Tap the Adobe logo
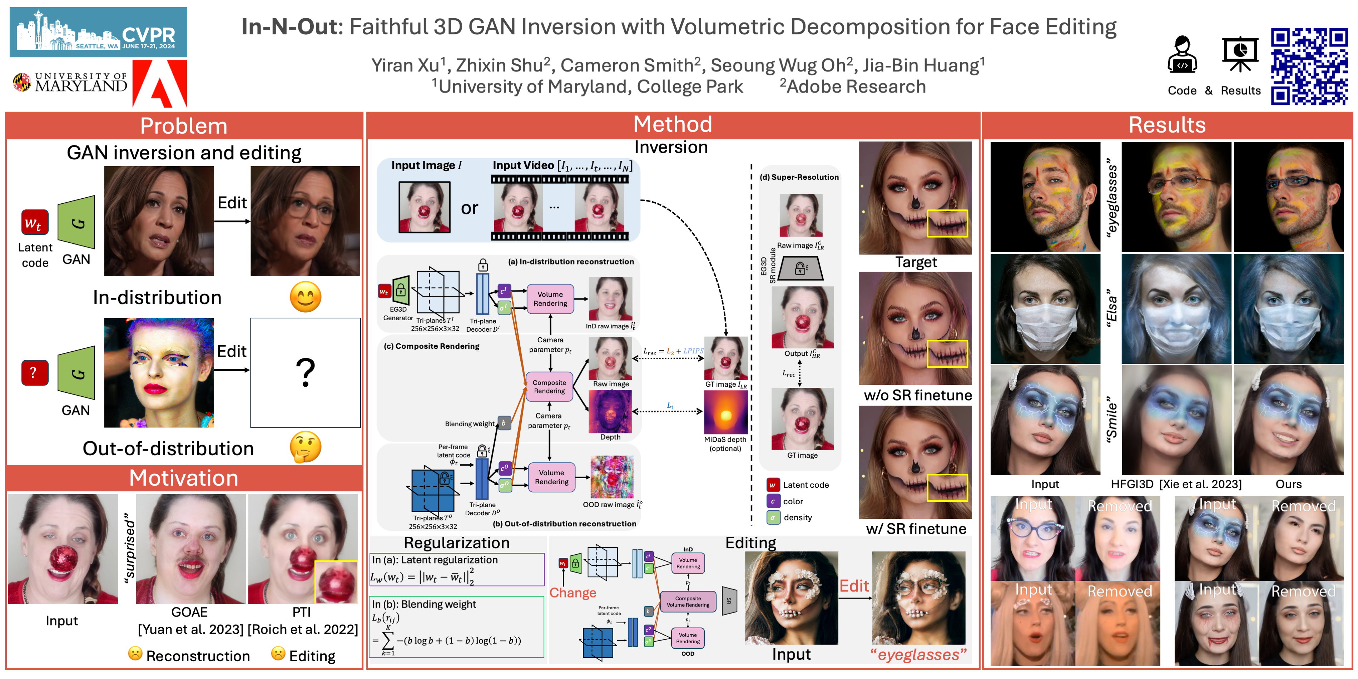(160, 83)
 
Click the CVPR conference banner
(98, 32)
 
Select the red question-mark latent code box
(35, 373)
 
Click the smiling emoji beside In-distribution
(305, 297)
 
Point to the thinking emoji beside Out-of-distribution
(305, 447)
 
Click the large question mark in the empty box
(305, 373)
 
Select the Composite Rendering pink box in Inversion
(549, 386)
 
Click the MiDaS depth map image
(725, 412)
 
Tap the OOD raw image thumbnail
(611, 477)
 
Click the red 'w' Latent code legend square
(772, 485)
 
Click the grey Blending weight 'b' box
(504, 423)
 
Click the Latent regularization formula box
(456, 569)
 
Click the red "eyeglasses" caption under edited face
(918, 655)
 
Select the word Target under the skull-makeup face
(916, 262)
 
